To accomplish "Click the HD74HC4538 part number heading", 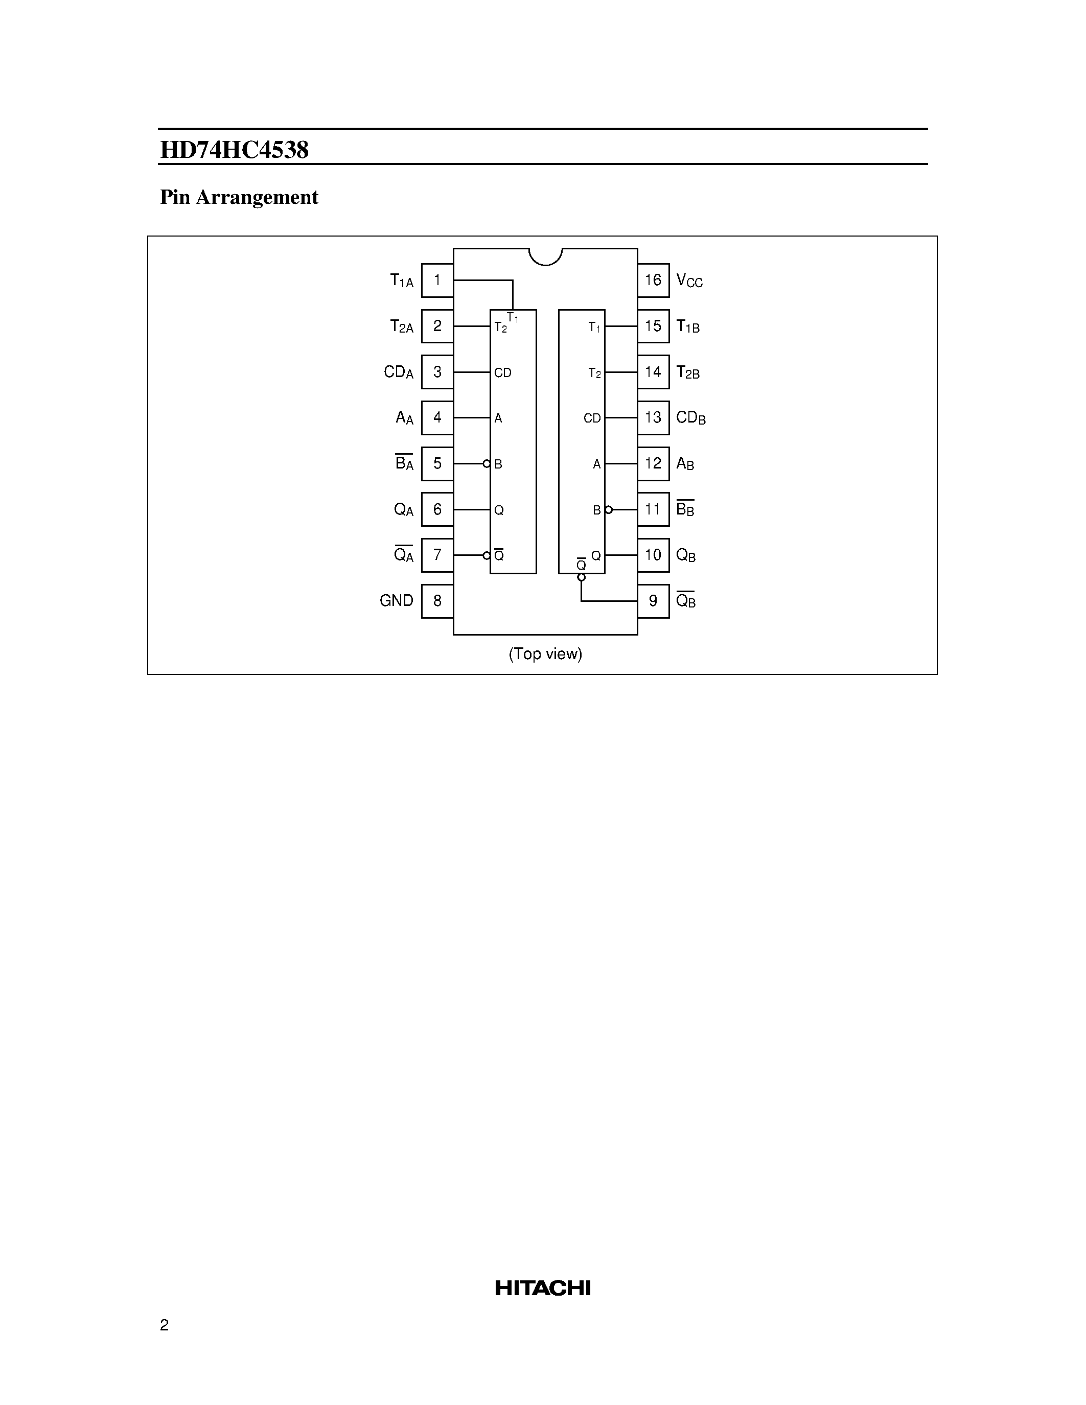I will (234, 150).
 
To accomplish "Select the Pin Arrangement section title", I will (239, 198).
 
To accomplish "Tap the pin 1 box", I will (437, 280).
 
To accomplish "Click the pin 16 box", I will (653, 280).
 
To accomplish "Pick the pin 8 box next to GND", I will (437, 601).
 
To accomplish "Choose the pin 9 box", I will (653, 601).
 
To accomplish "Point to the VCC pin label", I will (689, 281).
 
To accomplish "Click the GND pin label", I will (396, 601).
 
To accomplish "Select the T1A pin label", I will (402, 281).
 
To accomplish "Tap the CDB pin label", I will (691, 418).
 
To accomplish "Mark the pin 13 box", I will (653, 417).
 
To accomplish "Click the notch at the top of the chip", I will (546, 255).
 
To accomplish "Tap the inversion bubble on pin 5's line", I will (487, 464).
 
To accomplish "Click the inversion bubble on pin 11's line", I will (609, 509).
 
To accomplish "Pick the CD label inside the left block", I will (502, 373).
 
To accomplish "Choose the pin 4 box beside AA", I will (437, 417).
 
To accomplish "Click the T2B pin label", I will (688, 372).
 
